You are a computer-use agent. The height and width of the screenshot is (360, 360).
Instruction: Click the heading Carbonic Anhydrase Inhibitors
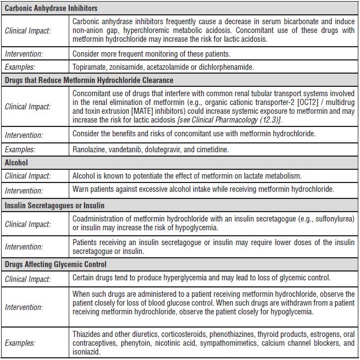click(x=51, y=9)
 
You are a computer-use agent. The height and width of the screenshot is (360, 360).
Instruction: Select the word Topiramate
click(x=91, y=67)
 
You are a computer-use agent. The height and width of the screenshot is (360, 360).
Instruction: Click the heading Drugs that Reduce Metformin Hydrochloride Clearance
click(x=89, y=80)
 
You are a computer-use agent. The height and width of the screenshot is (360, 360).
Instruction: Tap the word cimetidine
click(x=211, y=149)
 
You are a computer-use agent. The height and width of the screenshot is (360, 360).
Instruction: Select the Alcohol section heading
click(x=16, y=163)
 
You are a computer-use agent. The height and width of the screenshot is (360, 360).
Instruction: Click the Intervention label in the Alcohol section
click(x=24, y=191)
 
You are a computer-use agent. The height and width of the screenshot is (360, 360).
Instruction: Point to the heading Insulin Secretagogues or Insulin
click(x=54, y=206)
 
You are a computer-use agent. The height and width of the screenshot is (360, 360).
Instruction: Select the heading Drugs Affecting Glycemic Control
click(x=55, y=265)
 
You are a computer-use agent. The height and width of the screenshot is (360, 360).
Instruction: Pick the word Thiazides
click(x=89, y=334)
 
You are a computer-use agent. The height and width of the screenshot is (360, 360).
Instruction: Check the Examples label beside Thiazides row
click(x=20, y=343)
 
